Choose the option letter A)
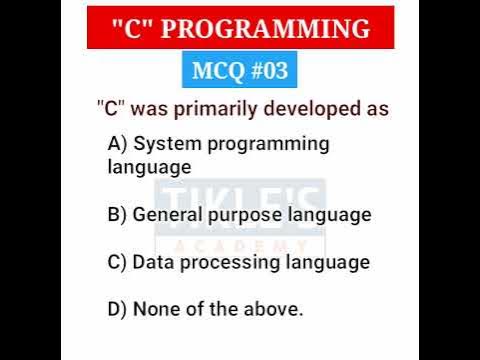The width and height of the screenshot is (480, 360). [x=117, y=144]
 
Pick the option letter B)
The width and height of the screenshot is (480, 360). [x=117, y=214]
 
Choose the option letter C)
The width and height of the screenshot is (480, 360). [x=117, y=262]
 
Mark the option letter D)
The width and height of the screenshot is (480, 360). [x=117, y=309]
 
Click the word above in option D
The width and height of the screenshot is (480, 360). [x=276, y=309]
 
